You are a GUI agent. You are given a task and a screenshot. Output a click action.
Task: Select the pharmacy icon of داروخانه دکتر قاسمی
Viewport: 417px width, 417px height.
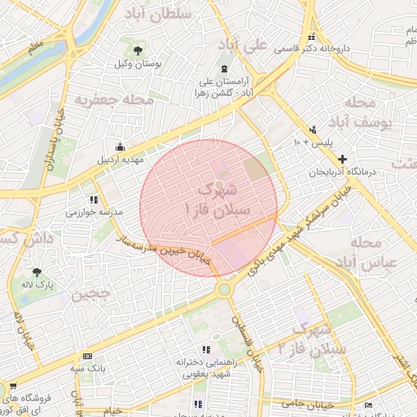click(x=313, y=36)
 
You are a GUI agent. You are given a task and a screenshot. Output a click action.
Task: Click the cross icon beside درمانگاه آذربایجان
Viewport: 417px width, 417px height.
click(x=342, y=160)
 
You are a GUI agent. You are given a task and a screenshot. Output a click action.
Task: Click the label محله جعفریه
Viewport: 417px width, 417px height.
click(x=115, y=100)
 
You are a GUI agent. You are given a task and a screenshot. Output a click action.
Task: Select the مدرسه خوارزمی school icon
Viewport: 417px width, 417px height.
click(x=94, y=199)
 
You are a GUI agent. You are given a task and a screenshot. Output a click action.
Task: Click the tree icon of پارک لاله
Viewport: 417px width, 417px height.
click(x=36, y=272)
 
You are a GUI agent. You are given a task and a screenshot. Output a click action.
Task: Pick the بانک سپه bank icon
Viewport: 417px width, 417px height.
click(x=88, y=356)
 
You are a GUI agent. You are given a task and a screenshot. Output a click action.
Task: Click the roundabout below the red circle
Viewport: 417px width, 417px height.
click(x=224, y=289)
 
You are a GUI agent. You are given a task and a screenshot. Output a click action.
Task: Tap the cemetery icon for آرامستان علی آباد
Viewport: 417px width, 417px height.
click(x=225, y=68)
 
